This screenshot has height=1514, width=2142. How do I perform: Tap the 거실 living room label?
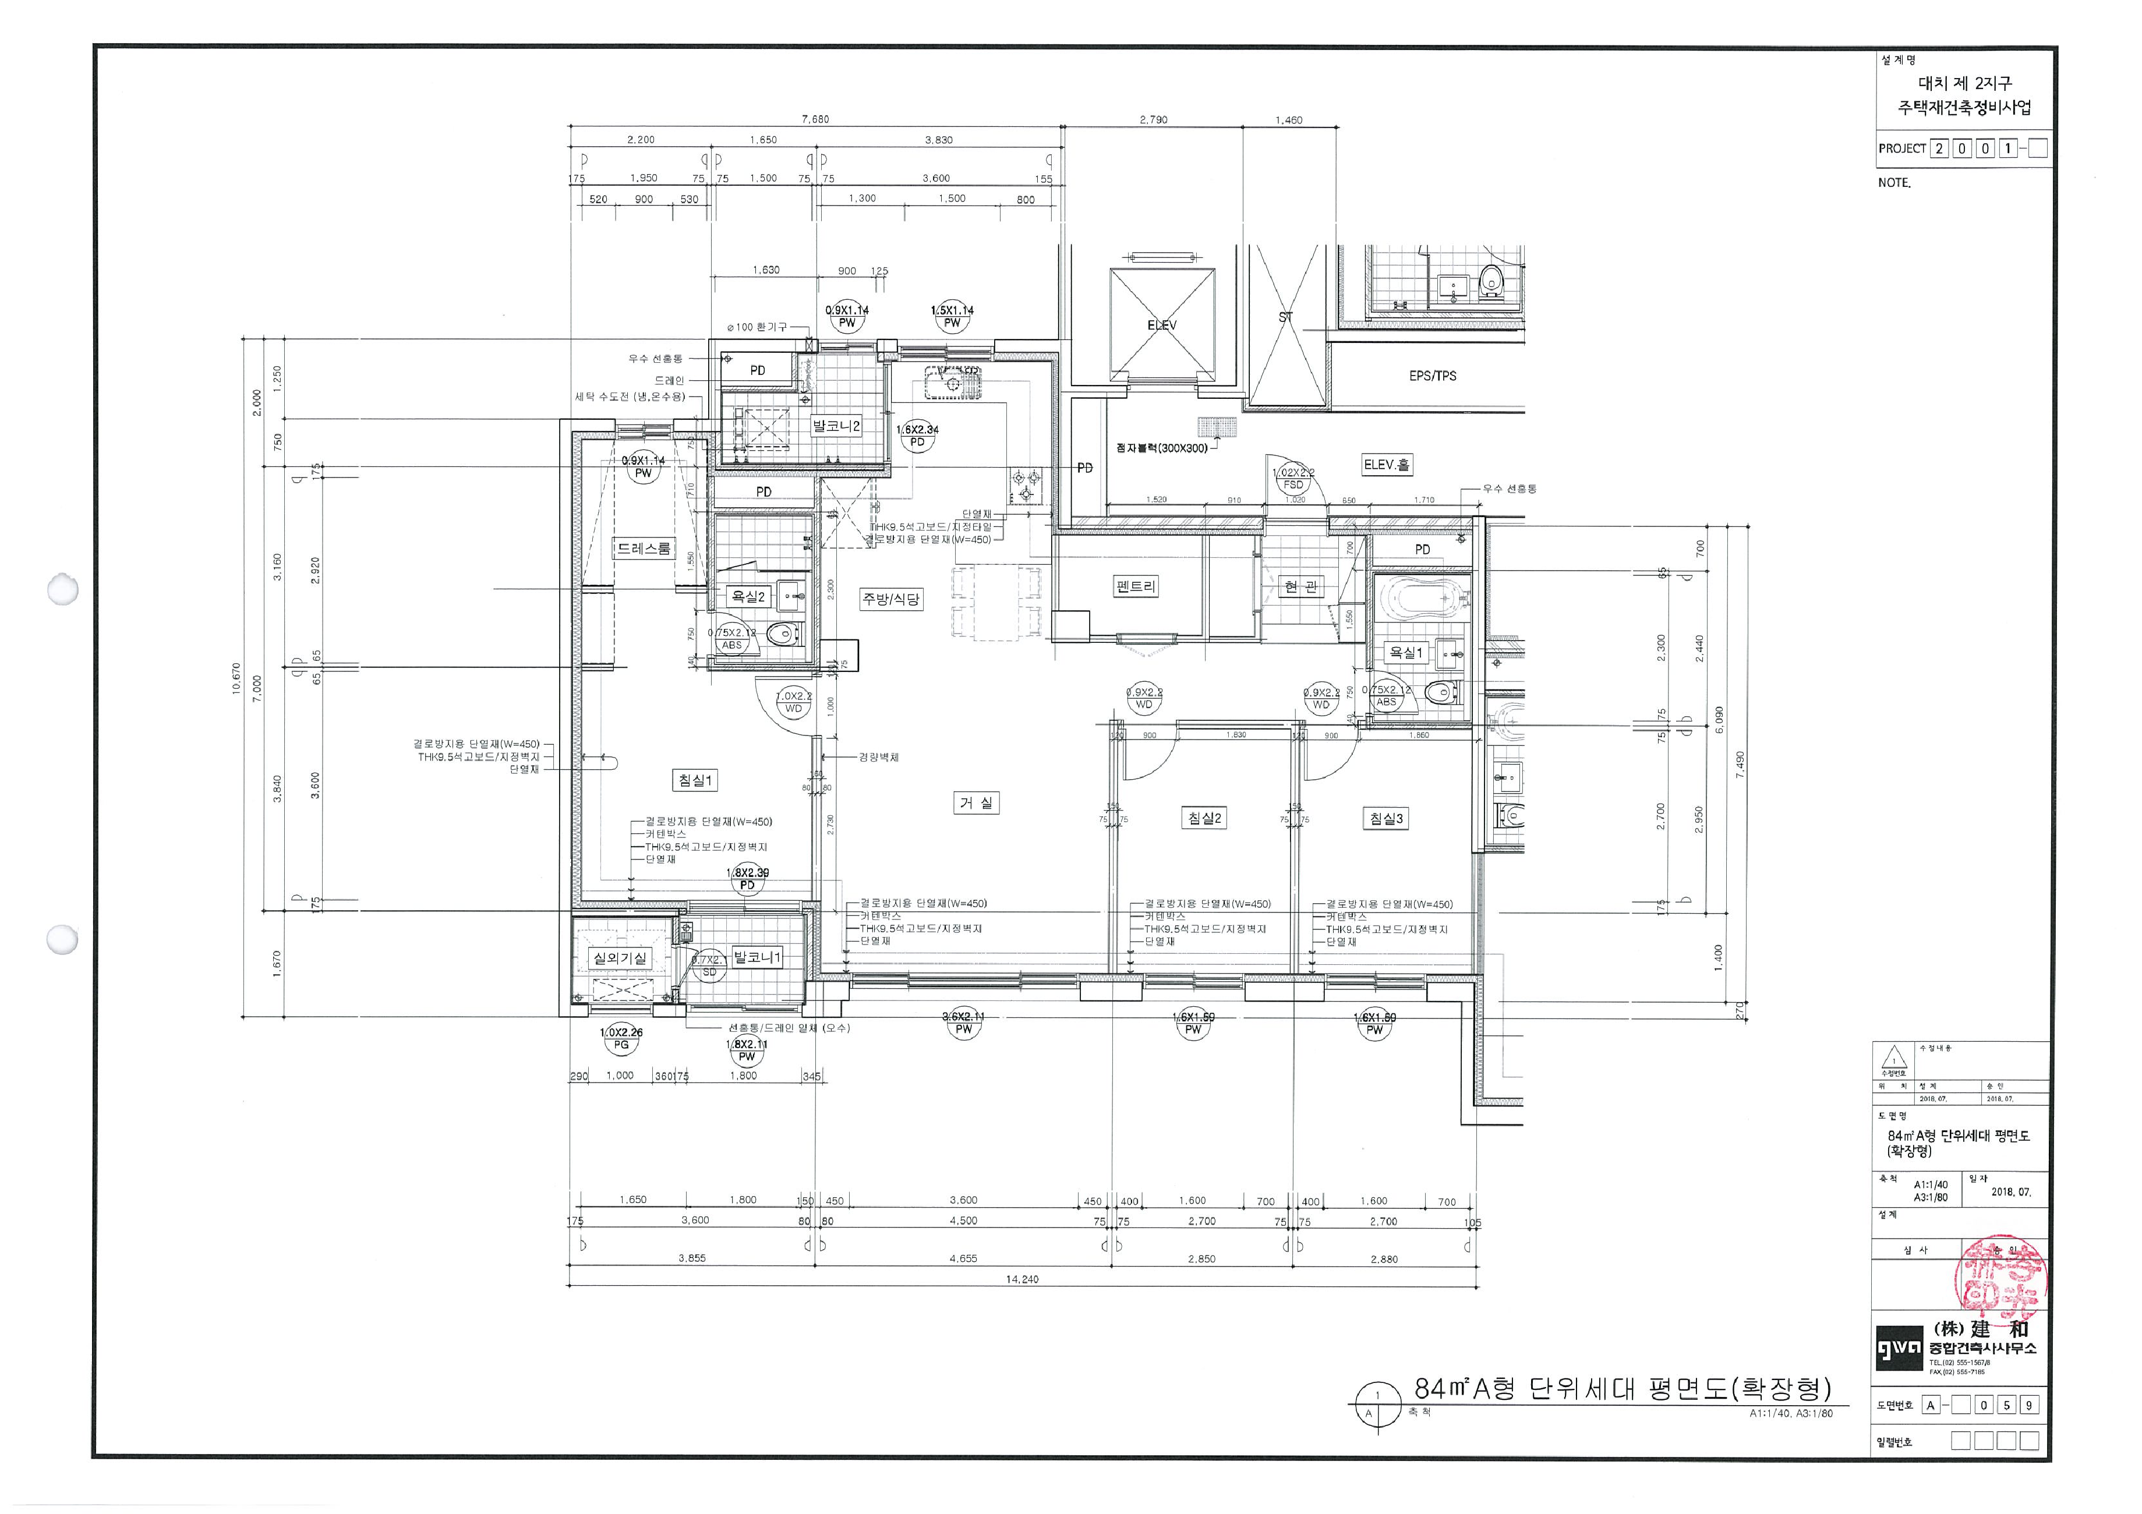point(977,802)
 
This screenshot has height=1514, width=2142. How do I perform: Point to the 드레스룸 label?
point(643,549)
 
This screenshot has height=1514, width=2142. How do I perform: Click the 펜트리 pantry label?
point(1136,587)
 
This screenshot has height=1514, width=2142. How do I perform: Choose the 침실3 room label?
point(1385,819)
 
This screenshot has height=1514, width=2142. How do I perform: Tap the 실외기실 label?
point(620,958)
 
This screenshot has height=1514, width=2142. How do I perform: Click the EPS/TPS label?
point(1432,376)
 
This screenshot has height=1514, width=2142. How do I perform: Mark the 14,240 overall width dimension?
point(1021,1279)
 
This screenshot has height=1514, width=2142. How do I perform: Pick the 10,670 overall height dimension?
point(236,678)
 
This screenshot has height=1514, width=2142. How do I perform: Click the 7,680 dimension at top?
point(814,119)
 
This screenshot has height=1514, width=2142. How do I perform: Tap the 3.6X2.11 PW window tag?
point(963,1023)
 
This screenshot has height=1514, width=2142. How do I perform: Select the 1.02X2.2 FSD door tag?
point(1293,479)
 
